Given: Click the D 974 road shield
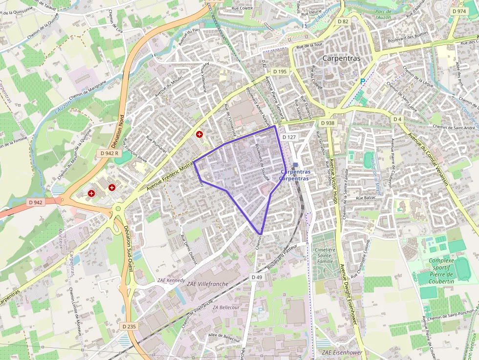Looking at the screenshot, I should [459, 11].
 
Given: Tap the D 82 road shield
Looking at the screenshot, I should [343, 21].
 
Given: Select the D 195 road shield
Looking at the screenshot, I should [280, 71].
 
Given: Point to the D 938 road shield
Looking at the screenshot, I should [327, 123].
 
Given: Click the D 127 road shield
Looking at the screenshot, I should [290, 138].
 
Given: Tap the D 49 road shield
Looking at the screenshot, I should [257, 277].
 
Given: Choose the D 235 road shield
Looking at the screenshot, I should [129, 326].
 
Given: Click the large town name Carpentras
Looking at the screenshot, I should [341, 58].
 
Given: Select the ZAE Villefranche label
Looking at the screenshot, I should [208, 284].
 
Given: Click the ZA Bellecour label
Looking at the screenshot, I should [226, 307].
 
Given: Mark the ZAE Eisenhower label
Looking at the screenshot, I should [342, 352].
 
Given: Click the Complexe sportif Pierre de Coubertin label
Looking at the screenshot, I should [441, 271].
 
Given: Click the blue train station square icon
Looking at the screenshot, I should [296, 165].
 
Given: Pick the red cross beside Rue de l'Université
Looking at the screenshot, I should [199, 134].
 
